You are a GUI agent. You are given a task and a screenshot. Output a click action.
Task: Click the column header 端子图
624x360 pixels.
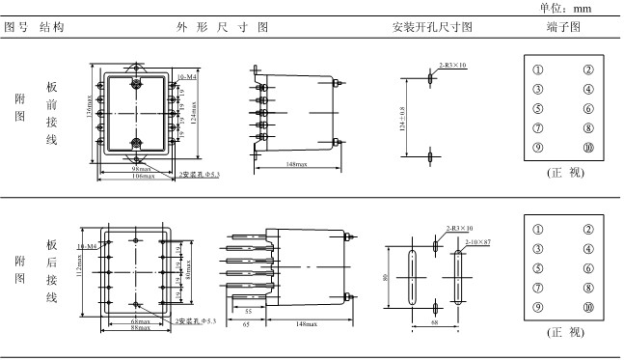click(563, 26)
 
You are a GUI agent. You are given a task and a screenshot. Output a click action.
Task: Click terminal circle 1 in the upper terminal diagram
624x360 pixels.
click(537, 69)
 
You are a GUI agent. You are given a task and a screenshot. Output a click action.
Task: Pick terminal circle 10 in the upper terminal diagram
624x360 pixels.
click(587, 148)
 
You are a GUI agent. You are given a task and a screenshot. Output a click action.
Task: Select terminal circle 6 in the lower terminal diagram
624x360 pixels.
click(587, 268)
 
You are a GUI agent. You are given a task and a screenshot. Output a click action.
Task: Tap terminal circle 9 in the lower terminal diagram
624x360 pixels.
click(537, 307)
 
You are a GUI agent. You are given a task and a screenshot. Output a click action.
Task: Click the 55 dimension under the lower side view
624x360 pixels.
click(248, 312)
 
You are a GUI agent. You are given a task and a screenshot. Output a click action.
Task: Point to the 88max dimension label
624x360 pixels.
click(140, 327)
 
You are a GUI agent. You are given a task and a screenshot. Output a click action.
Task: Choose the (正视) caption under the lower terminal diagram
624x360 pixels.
click(563, 333)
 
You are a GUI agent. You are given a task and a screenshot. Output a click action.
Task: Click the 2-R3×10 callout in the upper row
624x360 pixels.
click(452, 65)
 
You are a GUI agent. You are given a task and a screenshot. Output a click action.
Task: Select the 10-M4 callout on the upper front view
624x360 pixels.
click(186, 75)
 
